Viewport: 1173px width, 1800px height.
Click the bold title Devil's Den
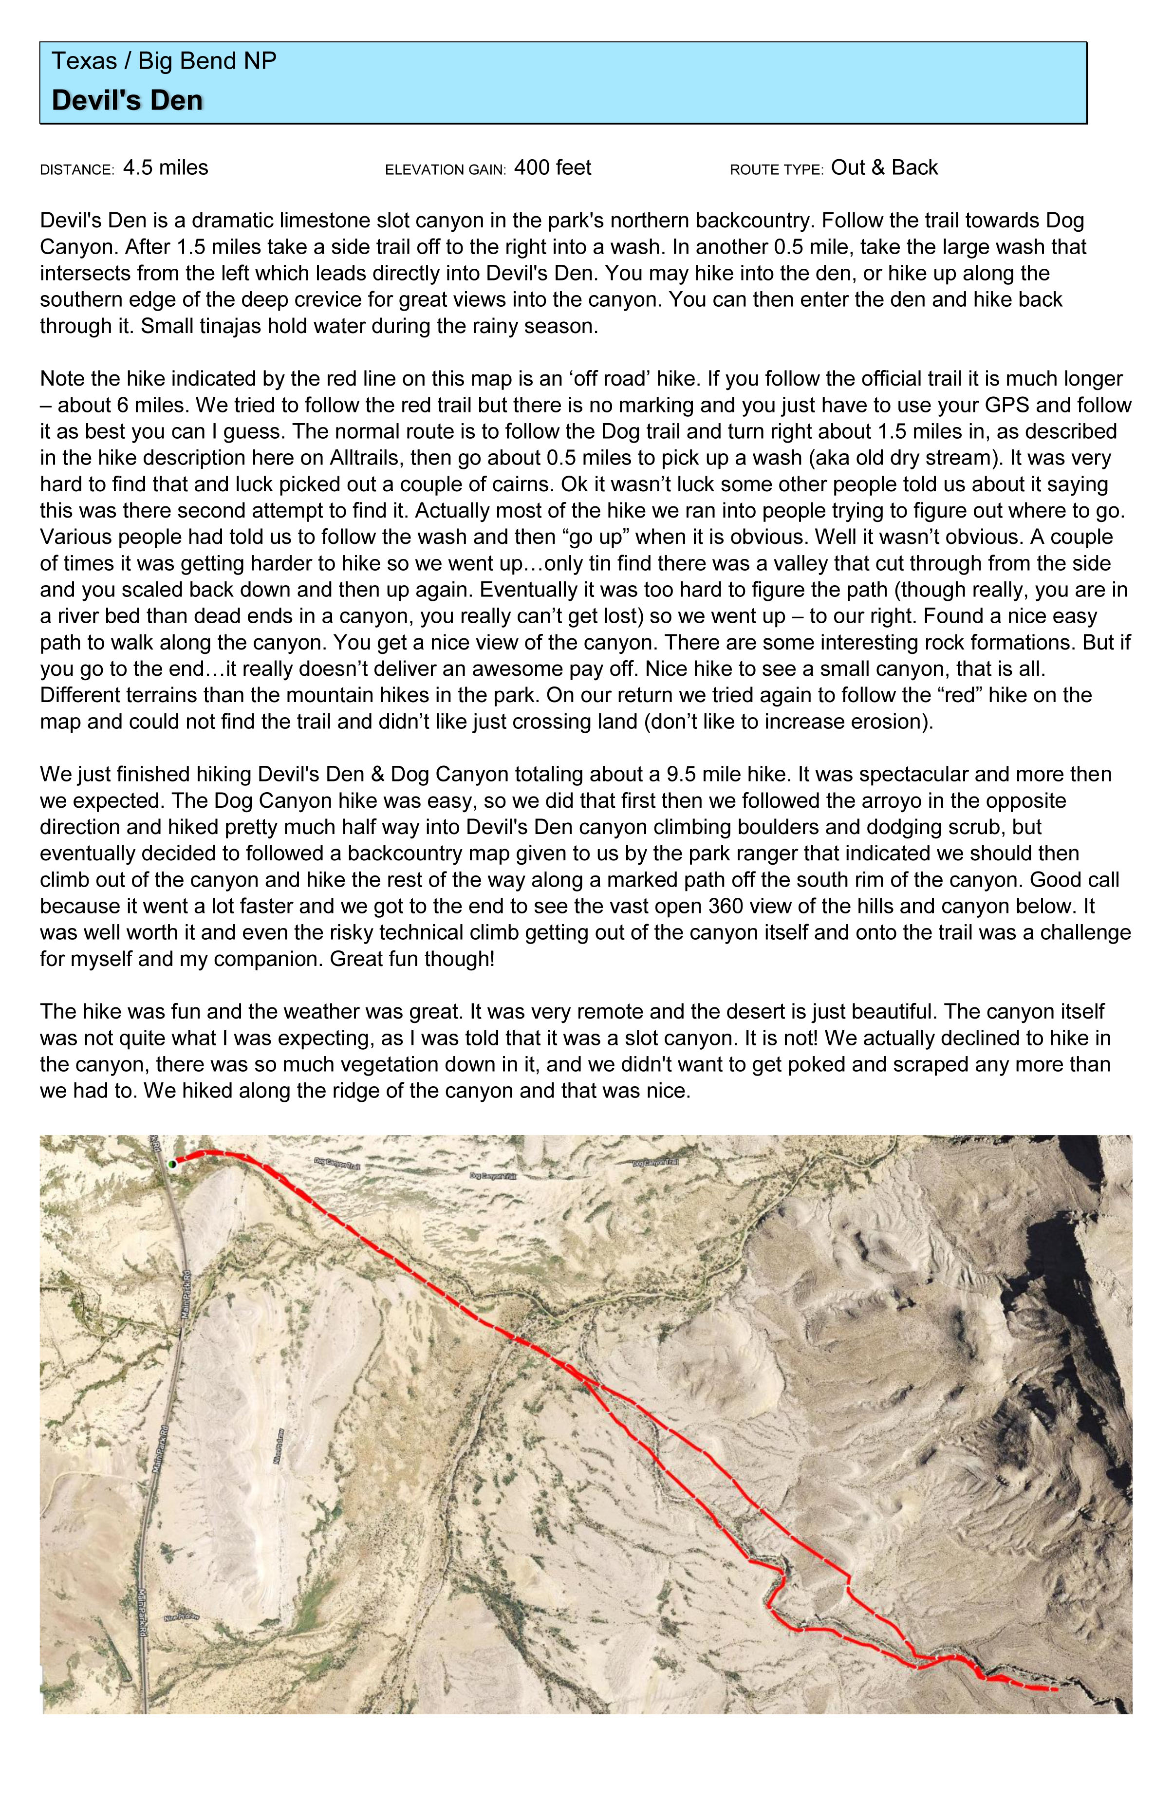pos(127,101)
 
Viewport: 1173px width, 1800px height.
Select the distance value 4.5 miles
pos(165,168)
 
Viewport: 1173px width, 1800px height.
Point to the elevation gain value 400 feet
pos(552,168)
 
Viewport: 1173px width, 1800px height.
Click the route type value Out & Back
pos(884,168)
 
